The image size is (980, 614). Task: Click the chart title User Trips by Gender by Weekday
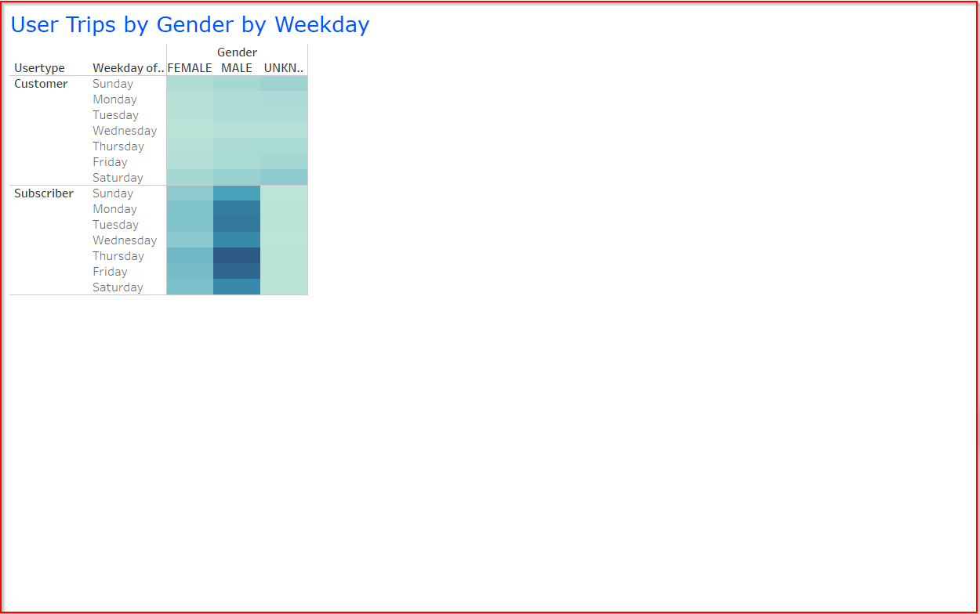point(190,25)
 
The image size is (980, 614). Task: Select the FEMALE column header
point(190,68)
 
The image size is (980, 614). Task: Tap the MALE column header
point(237,68)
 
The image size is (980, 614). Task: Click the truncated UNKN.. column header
point(284,68)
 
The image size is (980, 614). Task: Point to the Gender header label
point(237,52)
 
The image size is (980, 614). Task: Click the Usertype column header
point(39,68)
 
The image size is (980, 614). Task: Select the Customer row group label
point(41,84)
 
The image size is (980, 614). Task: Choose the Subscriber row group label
point(44,193)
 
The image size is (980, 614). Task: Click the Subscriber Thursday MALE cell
point(237,256)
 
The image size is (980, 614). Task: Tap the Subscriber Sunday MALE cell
point(237,193)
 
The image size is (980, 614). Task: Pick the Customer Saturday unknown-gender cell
point(284,178)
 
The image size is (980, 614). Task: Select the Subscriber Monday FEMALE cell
point(190,209)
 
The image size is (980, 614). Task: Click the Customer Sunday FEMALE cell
point(190,84)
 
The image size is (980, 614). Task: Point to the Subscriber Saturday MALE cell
point(237,287)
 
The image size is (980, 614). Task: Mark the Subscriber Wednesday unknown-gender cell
point(284,240)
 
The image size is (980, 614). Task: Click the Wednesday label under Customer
point(125,131)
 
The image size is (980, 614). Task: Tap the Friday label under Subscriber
point(110,272)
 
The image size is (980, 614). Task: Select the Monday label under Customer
point(114,99)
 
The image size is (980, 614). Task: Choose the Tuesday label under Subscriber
point(115,225)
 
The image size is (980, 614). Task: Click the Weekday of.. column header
point(129,68)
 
